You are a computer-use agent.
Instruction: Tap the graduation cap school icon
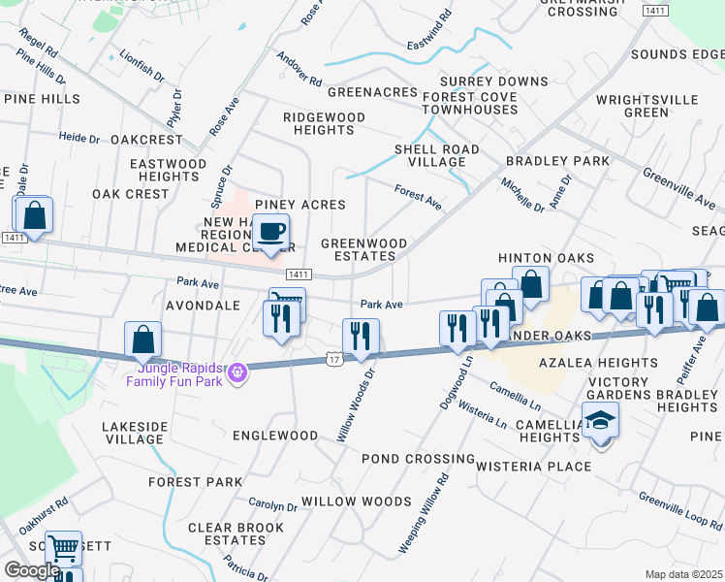[x=601, y=421]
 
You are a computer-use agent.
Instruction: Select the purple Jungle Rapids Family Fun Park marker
[x=235, y=370]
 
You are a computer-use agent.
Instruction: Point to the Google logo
[x=32, y=570]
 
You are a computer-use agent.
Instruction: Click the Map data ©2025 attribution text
[x=683, y=574]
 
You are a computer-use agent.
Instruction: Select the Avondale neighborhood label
[x=202, y=306]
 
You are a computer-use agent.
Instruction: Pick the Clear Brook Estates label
[x=235, y=533]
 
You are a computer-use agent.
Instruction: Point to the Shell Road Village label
[x=436, y=156]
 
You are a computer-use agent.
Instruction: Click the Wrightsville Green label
[x=646, y=106]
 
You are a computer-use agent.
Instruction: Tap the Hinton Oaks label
[x=545, y=258]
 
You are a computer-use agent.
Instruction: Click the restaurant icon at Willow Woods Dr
[x=362, y=337]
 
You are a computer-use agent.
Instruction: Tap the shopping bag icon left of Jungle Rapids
[x=143, y=340]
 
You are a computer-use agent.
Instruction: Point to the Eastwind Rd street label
[x=429, y=30]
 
